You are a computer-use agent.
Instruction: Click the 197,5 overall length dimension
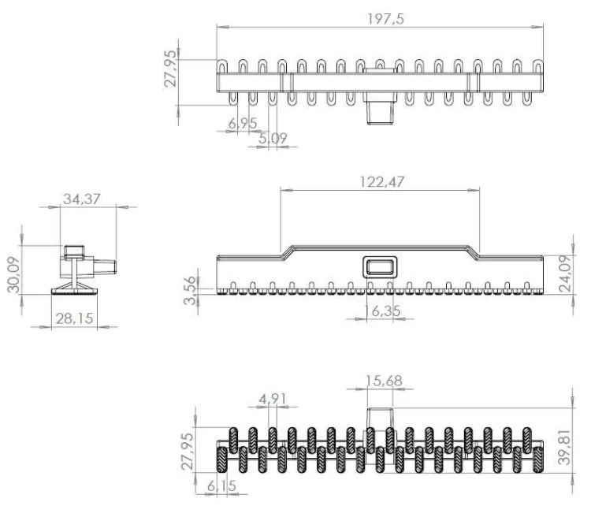pos(385,19)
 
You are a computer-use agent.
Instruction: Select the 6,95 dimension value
pos(243,123)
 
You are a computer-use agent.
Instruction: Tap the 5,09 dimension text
pos(273,139)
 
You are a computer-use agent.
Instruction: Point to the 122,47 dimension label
pos(382,182)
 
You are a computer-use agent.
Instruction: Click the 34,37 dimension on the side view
pos(82,199)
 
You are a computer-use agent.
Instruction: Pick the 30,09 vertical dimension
pos(14,274)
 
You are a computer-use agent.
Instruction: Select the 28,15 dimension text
pos(74,318)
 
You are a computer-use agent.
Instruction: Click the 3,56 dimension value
pos(191,290)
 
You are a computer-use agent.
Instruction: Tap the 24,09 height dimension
pos(565,273)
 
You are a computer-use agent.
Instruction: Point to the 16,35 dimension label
pos(382,311)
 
